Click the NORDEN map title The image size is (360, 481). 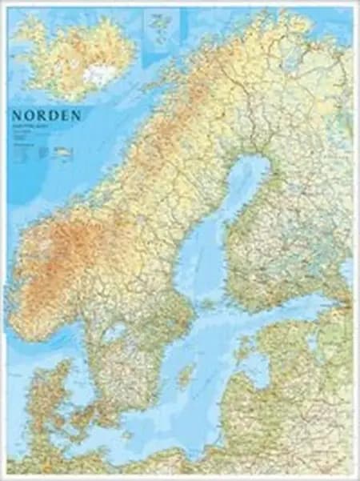click(x=48, y=115)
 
